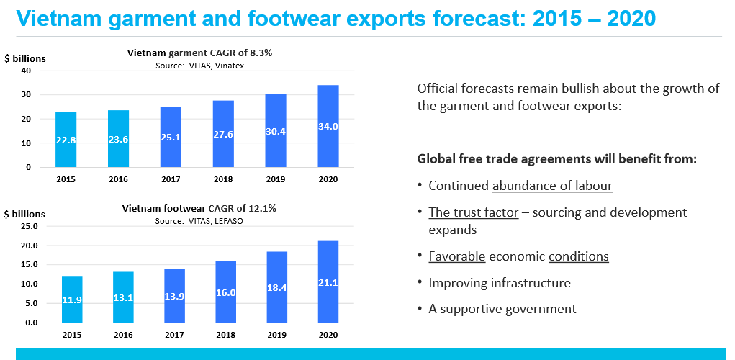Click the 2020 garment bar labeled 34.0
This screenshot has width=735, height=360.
tap(328, 126)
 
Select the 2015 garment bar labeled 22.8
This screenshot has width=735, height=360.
tap(66, 140)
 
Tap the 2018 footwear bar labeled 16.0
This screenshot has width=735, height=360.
tap(225, 292)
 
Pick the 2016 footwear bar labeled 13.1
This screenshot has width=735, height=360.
tap(123, 297)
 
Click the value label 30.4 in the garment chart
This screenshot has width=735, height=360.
tap(276, 132)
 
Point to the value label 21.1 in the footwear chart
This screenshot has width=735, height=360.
tap(328, 283)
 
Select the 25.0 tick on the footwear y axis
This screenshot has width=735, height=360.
tap(26, 226)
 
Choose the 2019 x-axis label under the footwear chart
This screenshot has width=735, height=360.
tap(276, 335)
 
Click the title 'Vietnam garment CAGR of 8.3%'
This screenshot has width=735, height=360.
tap(199, 53)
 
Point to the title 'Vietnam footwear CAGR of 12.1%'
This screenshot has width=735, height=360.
tap(199, 209)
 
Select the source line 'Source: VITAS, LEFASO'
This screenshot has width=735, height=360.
tap(199, 221)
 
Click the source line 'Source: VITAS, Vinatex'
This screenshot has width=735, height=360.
tap(199, 66)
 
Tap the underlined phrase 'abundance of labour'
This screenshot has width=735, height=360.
tap(552, 186)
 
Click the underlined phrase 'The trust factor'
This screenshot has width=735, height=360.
tap(474, 213)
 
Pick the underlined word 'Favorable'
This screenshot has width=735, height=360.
tap(457, 257)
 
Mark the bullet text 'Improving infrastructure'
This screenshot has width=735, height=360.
tap(500, 283)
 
